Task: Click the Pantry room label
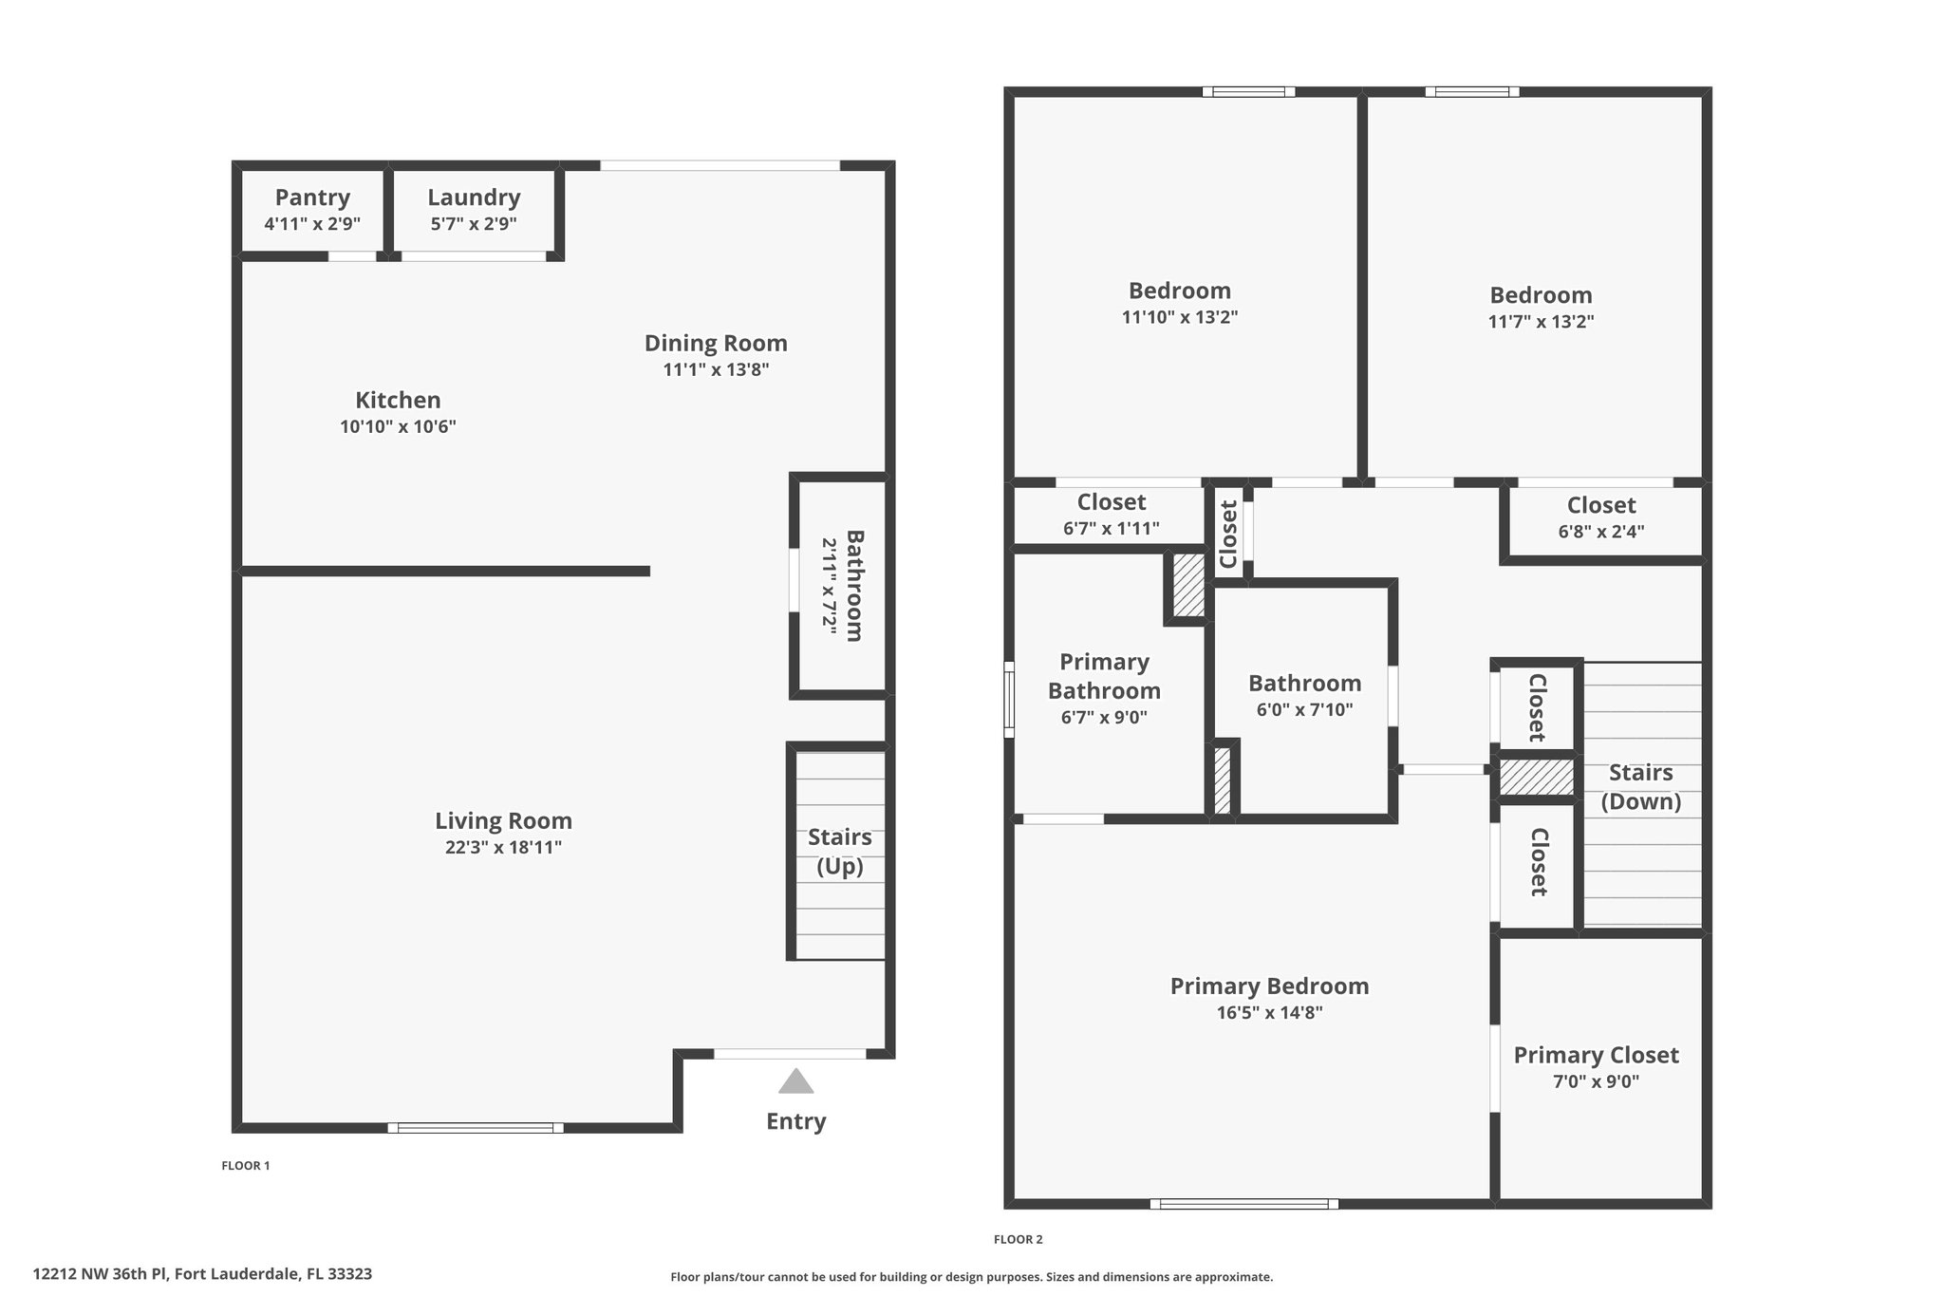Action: tap(312, 197)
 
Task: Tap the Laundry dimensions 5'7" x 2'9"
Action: tap(474, 224)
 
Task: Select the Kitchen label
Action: tap(398, 400)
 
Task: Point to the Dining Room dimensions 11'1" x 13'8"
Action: tap(716, 369)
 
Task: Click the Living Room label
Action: tap(503, 820)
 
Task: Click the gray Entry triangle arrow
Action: tap(795, 1081)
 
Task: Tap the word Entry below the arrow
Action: tap(796, 1121)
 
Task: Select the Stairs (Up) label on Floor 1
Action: tap(840, 852)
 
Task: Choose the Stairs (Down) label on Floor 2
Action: tap(1641, 787)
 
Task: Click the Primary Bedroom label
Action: tap(1270, 986)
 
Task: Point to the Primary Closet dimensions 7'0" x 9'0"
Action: tap(1597, 1081)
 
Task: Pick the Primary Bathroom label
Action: tap(1104, 676)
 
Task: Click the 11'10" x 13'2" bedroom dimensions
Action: tap(1180, 317)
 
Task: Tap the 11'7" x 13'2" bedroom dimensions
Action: tap(1541, 322)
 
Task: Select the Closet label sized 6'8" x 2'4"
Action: tap(1601, 505)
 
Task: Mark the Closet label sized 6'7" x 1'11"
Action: tap(1112, 502)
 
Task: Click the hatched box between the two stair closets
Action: tap(1536, 777)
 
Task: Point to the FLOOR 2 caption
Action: tap(1019, 1239)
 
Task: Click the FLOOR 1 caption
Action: tap(246, 1166)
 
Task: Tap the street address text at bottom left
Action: tap(202, 1274)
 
